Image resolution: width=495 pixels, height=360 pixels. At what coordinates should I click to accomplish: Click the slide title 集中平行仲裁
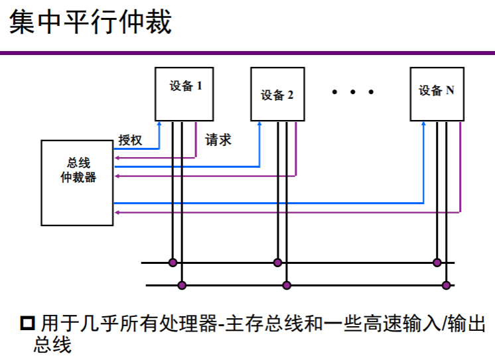click(90, 22)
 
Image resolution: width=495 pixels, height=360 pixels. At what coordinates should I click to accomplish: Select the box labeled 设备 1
click(184, 93)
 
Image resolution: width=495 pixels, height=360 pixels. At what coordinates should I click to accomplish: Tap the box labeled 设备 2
click(277, 93)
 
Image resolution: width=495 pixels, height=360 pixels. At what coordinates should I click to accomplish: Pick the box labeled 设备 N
click(436, 93)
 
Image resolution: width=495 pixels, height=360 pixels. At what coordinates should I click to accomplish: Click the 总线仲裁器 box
click(77, 182)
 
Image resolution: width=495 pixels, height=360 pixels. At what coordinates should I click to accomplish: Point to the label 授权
click(130, 140)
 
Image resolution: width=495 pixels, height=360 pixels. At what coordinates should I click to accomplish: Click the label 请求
click(218, 140)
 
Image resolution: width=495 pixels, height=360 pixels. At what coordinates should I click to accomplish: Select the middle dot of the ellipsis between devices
click(354, 92)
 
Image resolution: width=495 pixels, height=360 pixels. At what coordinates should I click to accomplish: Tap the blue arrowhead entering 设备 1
click(159, 125)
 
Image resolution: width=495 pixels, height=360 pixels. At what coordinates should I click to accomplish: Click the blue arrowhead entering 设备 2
click(259, 125)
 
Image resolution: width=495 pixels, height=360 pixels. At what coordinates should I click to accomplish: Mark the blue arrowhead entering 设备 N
click(423, 125)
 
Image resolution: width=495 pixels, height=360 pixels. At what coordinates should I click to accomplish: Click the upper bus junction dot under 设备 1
click(173, 263)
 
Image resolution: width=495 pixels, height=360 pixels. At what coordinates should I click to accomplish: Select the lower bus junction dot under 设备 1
click(182, 286)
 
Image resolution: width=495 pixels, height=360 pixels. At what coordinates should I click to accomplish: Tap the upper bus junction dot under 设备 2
click(277, 263)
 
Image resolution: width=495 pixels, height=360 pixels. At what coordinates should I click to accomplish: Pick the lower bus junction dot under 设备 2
click(287, 286)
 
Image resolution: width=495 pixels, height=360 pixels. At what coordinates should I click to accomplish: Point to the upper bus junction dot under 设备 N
click(437, 263)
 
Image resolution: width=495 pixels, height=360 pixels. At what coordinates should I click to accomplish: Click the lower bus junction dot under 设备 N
click(447, 286)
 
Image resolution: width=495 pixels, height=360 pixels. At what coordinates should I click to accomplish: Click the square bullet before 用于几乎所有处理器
click(27, 324)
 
